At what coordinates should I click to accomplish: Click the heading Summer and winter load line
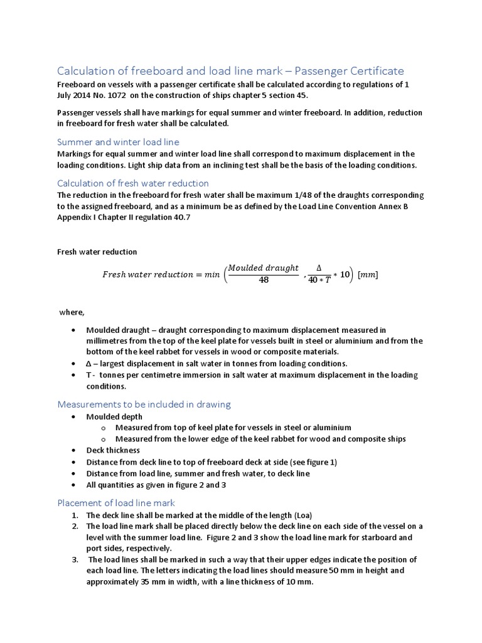(118, 142)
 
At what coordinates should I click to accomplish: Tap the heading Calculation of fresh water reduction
(133, 183)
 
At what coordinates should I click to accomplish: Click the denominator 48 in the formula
(264, 280)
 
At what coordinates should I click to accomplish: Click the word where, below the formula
(71, 311)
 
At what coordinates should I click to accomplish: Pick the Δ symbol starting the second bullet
(90, 364)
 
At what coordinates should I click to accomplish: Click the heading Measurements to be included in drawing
(144, 404)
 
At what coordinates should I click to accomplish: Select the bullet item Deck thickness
(113, 450)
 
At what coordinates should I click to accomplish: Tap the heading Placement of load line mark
(116, 502)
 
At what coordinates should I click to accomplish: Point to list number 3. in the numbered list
(75, 559)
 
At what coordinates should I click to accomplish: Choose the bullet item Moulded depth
(114, 416)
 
